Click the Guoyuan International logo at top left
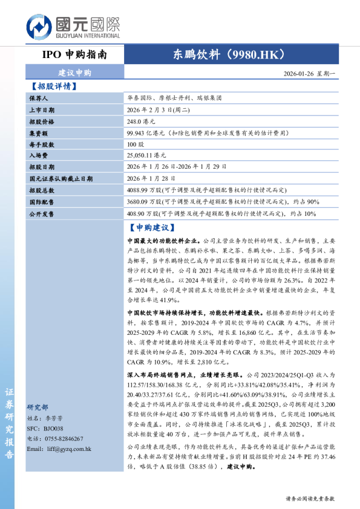(73, 28)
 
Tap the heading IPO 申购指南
(75, 54)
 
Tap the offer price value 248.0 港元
(141, 122)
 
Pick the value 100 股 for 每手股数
(136, 144)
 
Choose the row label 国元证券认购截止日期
(61, 179)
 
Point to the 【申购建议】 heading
(152, 228)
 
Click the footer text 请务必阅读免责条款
(309, 499)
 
